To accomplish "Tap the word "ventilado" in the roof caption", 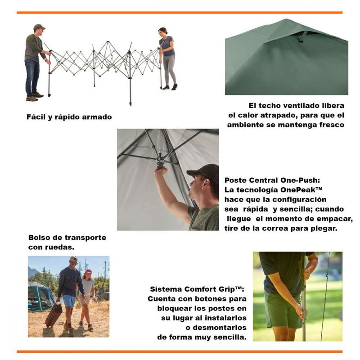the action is tap(297, 106).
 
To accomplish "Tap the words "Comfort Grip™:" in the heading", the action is tap(214, 289).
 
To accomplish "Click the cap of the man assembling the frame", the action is tap(39, 27).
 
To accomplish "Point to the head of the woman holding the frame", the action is tap(163, 31).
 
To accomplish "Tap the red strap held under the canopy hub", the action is tap(161, 169).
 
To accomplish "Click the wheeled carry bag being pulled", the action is tap(54, 314).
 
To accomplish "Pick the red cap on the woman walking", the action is tap(88, 271).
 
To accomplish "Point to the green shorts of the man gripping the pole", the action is tap(283, 310).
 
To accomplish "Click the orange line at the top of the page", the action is tap(180, 13).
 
